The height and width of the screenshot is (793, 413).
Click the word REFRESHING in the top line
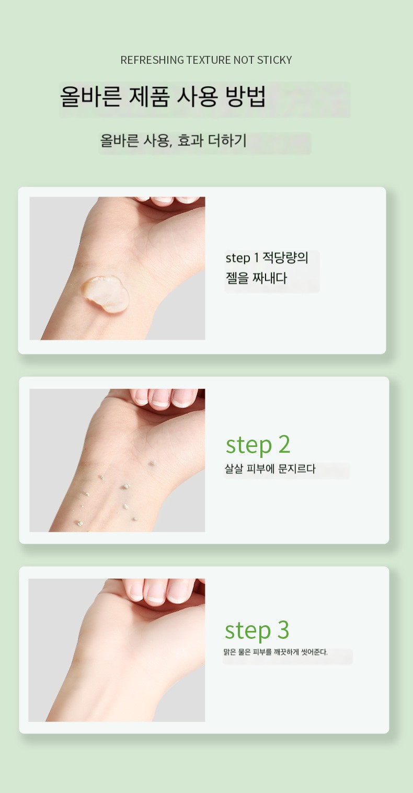[153, 60]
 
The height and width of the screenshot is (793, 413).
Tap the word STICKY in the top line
[274, 60]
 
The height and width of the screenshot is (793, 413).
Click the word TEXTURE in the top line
[204, 60]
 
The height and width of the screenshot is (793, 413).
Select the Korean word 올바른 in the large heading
[90, 96]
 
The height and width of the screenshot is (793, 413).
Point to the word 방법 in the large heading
[246, 96]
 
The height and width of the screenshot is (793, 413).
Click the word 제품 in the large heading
[149, 96]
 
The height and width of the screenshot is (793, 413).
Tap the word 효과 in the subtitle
[190, 141]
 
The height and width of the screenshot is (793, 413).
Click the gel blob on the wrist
[105, 294]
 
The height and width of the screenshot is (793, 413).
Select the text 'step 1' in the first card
[243, 258]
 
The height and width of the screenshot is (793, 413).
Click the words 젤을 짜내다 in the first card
[256, 278]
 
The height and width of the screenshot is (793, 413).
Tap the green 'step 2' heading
[258, 445]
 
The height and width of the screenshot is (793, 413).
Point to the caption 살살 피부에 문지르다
[270, 469]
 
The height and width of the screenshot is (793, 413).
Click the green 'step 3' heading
[257, 631]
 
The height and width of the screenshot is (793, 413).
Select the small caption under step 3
[276, 652]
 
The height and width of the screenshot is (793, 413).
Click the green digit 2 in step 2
[284, 444]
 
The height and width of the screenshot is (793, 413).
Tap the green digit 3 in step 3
[283, 630]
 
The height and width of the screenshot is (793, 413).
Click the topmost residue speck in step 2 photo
[153, 463]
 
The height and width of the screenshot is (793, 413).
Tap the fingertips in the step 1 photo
[170, 200]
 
